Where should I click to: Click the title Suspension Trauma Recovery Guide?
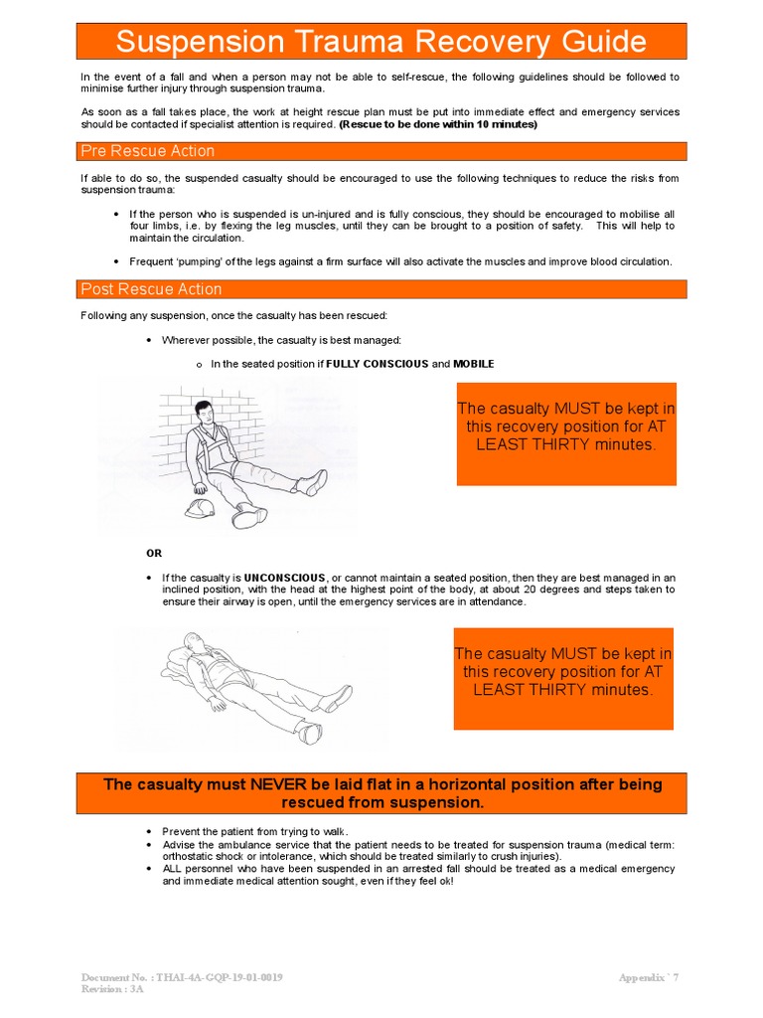point(381,43)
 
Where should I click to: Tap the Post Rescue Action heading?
point(151,289)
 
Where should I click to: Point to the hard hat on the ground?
point(202,508)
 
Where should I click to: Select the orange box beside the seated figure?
point(566,433)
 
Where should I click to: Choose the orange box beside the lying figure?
point(563,677)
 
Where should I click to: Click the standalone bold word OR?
point(154,553)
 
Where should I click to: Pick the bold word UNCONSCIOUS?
point(285,578)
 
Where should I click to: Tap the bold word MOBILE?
point(474,364)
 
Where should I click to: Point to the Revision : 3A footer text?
point(112,989)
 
